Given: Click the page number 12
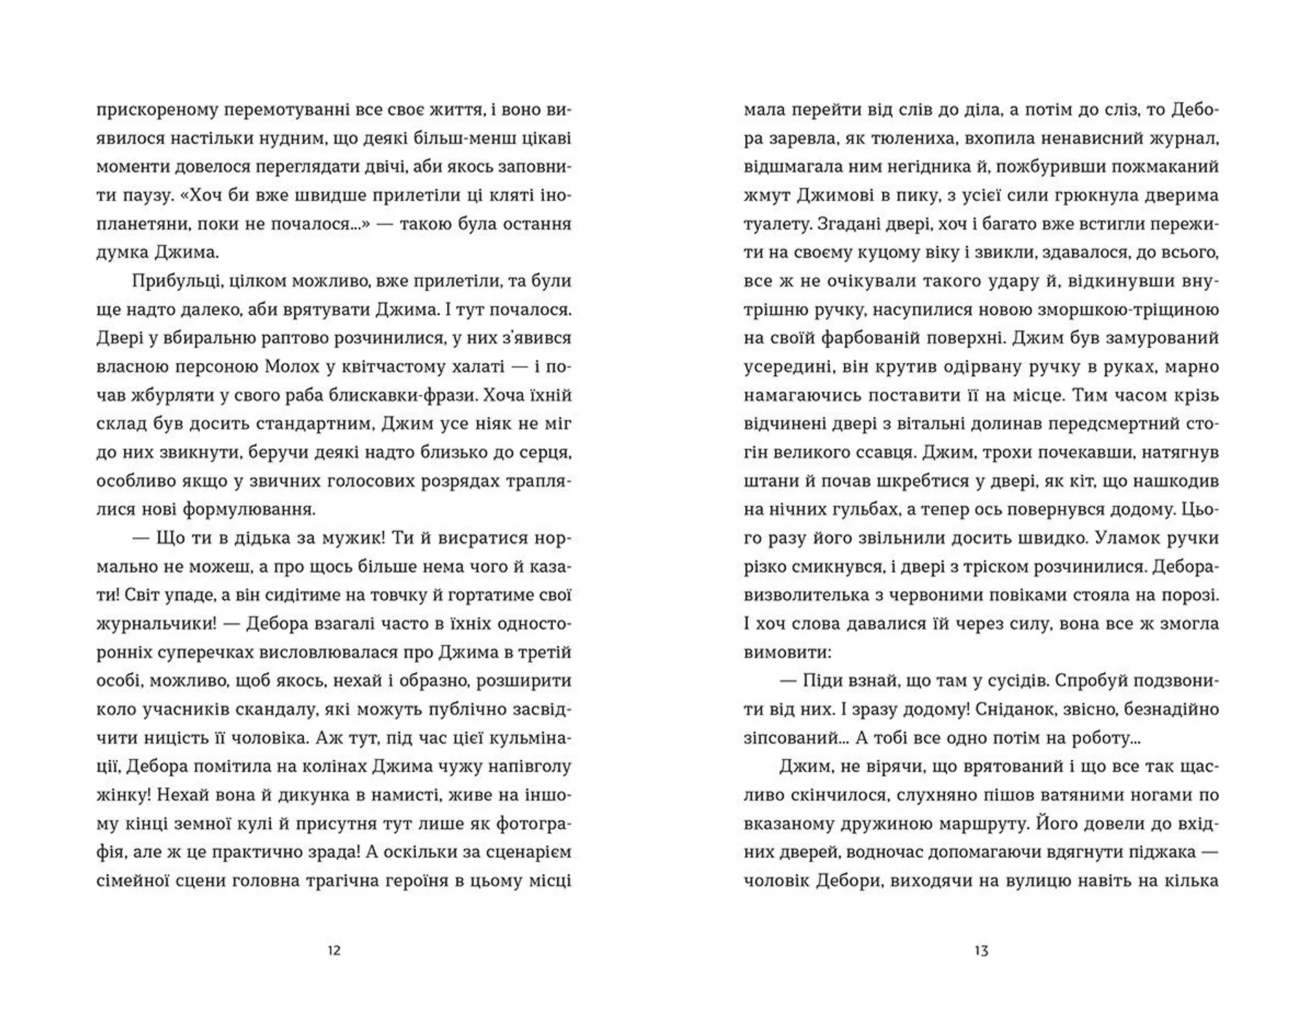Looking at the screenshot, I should (334, 950).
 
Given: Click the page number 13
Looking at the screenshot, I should (981, 950).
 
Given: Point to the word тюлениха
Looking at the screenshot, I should (908, 138).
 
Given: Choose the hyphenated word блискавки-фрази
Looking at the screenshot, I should (391, 395).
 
